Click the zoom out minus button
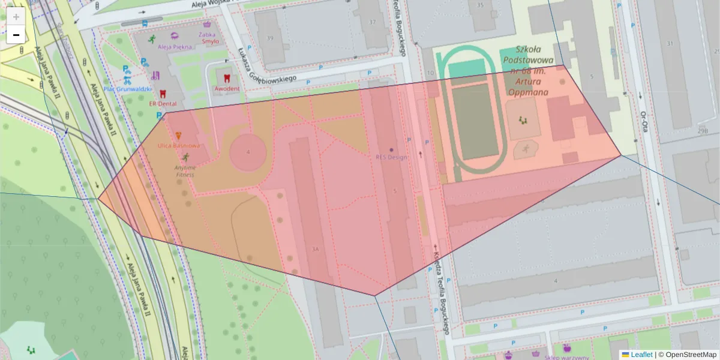pyautogui.click(x=16, y=35)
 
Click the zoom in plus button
pyautogui.click(x=16, y=17)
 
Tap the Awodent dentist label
pyautogui.click(x=227, y=89)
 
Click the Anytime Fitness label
pyautogui.click(x=185, y=171)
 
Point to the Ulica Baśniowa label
pyautogui.click(x=179, y=146)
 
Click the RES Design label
pyautogui.click(x=391, y=157)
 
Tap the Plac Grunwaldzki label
pyautogui.click(x=127, y=89)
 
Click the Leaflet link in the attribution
pyautogui.click(x=641, y=355)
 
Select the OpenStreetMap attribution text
pyautogui.click(x=687, y=355)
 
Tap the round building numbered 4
pyautogui.click(x=248, y=152)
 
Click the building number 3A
pyautogui.click(x=314, y=248)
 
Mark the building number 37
pyautogui.click(x=373, y=22)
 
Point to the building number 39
pyautogui.click(x=269, y=38)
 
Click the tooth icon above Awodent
pyautogui.click(x=227, y=77)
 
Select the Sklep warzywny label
pyautogui.click(x=566, y=358)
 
